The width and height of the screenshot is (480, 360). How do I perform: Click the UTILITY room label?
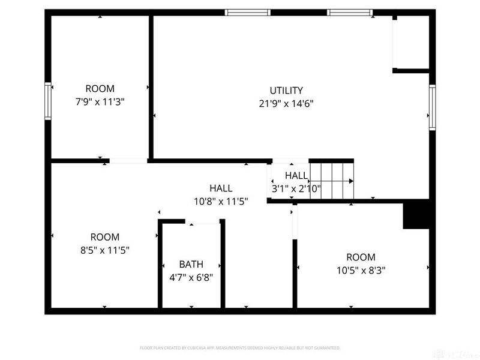click(286, 91)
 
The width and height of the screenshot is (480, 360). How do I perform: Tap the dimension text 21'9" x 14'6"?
click(286, 103)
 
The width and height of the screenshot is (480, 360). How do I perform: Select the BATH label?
click(191, 264)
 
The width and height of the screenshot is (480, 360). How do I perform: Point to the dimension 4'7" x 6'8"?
click(191, 277)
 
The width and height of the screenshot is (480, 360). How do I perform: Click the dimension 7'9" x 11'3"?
click(100, 101)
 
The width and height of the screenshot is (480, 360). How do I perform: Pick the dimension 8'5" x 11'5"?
click(104, 250)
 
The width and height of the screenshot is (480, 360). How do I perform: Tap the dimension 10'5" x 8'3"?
click(361, 270)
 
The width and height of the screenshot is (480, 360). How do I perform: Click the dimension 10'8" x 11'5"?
click(221, 201)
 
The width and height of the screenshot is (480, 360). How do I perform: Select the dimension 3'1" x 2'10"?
click(296, 188)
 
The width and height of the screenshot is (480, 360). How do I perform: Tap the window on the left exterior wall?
click(48, 101)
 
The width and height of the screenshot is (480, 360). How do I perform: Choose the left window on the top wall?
click(248, 12)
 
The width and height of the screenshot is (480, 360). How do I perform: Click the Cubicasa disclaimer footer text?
click(240, 347)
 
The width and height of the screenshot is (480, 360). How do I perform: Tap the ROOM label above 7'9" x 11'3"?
click(100, 89)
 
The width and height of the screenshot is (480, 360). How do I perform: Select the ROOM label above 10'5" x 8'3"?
click(361, 257)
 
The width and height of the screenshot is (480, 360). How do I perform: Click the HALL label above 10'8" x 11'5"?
click(221, 188)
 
